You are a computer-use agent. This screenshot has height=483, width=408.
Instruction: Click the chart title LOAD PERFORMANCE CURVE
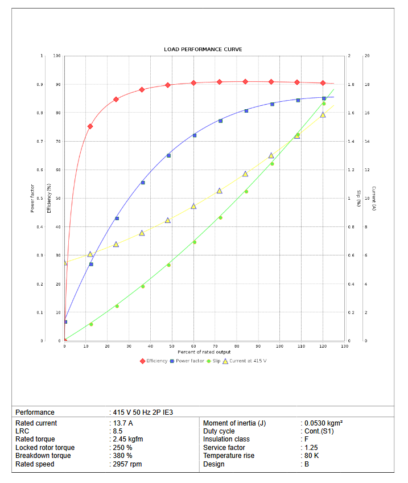[203, 49]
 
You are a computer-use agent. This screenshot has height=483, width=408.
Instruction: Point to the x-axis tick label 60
[193, 346]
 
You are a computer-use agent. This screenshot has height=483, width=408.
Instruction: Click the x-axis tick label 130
[344, 346]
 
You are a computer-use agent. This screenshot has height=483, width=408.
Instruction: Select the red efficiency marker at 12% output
[90, 126]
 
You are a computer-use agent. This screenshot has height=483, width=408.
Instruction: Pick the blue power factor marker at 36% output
[142, 183]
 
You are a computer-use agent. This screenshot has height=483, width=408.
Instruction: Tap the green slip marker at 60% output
[194, 242]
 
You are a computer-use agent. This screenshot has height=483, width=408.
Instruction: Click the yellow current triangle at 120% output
[323, 115]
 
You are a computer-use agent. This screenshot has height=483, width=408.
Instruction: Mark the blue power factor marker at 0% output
[65, 322]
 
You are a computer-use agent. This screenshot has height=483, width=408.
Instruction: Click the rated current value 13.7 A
[122, 423]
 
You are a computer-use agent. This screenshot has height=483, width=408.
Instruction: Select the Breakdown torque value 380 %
[122, 456]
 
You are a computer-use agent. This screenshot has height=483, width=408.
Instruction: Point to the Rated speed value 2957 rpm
[126, 464]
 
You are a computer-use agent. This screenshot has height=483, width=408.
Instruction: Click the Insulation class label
[226, 439]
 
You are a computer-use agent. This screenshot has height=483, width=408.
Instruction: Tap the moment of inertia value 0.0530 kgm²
[323, 423]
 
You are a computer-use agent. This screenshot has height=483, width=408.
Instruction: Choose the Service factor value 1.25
[311, 448]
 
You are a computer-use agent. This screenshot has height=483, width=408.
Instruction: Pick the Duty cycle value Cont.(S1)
[320, 431]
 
